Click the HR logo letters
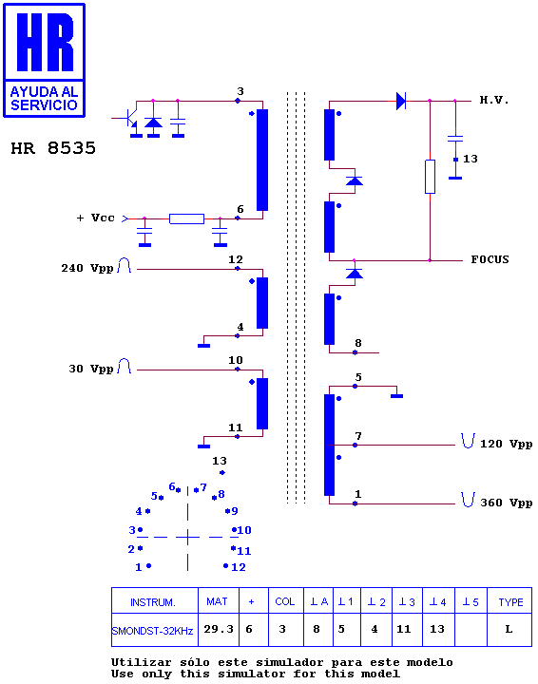(x=45, y=42)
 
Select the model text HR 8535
(x=53, y=148)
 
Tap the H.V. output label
(x=494, y=100)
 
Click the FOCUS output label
(x=490, y=259)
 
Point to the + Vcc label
(x=96, y=218)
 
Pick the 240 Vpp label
(x=87, y=268)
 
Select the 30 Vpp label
(x=91, y=369)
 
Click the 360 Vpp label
(x=506, y=503)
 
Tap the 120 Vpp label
(x=506, y=444)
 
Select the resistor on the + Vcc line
(x=186, y=218)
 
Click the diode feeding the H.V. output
(x=401, y=101)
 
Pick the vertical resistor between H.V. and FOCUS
(x=430, y=177)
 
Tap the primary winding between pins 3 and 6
(x=262, y=160)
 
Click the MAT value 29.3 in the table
(x=219, y=629)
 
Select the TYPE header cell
(x=510, y=602)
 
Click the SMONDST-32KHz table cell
(x=152, y=631)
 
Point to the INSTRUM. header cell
(x=153, y=602)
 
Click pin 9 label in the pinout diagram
(x=235, y=511)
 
